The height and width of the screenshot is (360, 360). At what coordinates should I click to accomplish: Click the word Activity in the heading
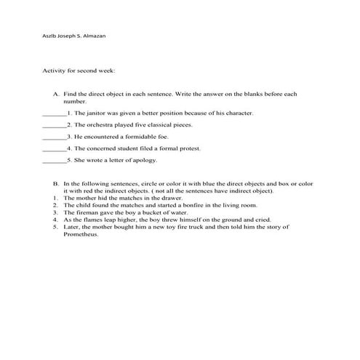57,71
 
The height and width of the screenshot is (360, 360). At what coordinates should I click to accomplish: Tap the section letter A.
55,95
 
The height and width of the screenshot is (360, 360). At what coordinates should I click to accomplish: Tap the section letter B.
55,184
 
